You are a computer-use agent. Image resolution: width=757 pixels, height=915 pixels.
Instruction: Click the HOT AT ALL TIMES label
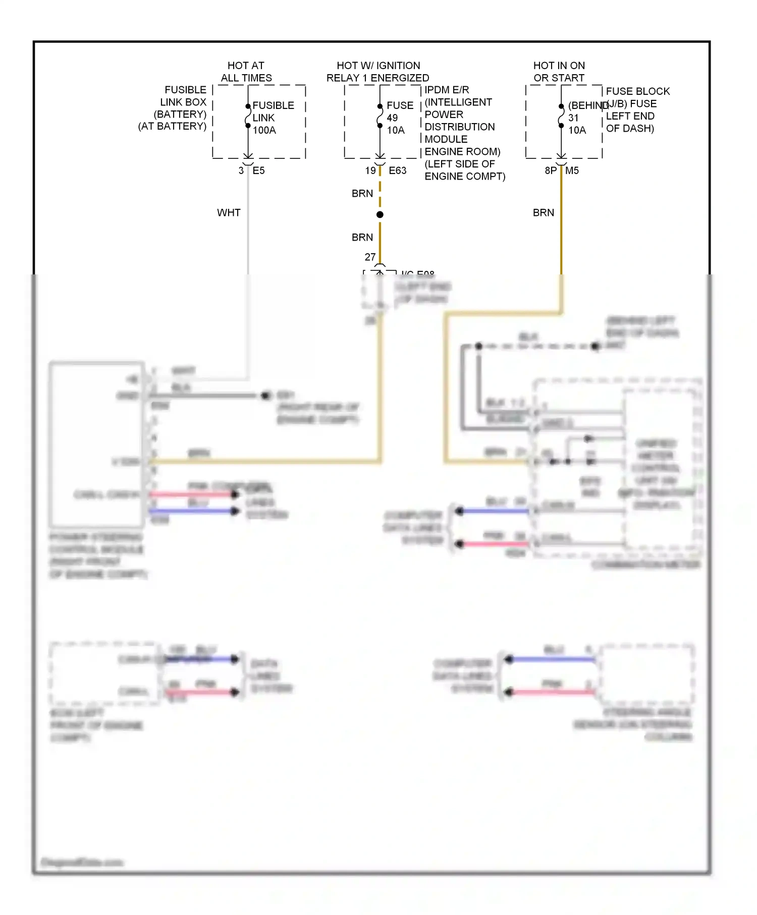246,72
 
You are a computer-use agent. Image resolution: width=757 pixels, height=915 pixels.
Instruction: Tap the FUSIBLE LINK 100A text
273,118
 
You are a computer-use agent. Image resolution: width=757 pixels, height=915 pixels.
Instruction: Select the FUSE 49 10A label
399,118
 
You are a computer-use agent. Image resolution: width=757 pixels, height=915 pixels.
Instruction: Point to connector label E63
397,170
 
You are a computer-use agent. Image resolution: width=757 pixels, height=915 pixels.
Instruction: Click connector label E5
258,170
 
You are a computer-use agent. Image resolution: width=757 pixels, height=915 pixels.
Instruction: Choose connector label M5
572,170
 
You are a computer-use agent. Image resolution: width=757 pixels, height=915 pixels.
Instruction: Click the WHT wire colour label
229,212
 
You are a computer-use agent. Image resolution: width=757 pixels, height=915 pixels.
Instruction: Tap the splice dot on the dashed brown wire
380,214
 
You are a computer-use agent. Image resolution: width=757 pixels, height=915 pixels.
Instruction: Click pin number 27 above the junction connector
370,257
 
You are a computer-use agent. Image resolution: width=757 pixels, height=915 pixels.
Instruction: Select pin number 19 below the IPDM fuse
370,170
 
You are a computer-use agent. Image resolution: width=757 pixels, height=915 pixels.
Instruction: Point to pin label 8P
551,170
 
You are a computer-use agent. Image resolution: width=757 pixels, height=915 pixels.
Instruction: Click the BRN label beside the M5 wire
543,212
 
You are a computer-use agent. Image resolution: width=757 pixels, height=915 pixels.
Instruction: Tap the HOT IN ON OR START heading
559,72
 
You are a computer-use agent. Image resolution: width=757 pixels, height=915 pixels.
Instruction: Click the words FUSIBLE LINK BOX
184,96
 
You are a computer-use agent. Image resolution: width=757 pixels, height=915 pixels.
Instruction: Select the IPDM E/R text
447,90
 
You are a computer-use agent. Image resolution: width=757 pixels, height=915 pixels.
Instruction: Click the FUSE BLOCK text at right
637,91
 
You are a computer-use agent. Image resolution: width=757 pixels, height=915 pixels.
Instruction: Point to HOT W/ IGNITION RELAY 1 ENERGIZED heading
377,72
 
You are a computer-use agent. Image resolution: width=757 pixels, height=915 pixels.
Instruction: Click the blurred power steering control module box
96,444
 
